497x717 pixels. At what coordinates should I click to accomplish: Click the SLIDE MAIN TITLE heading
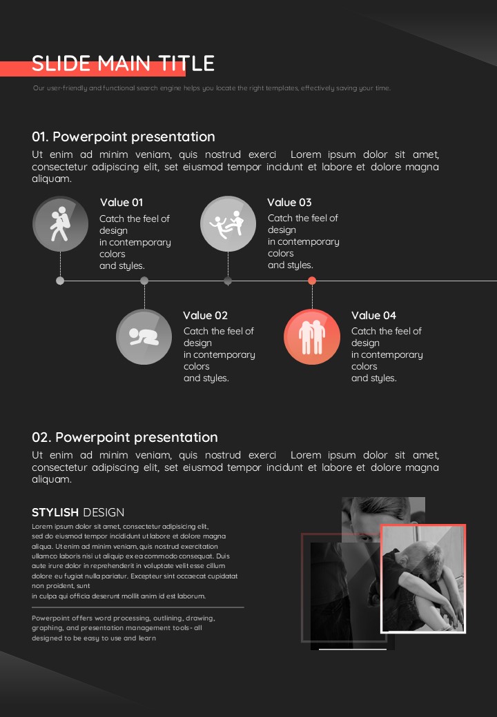tap(123, 63)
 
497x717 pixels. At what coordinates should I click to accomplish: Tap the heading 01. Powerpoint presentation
tap(124, 137)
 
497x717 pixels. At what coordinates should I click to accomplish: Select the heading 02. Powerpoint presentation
tap(125, 437)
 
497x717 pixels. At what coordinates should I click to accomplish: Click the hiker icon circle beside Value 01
tap(60, 223)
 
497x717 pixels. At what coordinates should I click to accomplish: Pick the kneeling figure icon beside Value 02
tap(144, 336)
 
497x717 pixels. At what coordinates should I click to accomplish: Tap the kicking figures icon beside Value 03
tap(228, 223)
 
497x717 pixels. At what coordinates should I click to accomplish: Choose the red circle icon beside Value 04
tap(312, 336)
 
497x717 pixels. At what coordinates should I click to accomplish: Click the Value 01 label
tap(121, 202)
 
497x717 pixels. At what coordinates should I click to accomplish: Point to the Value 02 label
tap(205, 315)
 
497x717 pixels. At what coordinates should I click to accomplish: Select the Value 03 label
tap(289, 202)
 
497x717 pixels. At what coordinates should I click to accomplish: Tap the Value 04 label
tap(373, 315)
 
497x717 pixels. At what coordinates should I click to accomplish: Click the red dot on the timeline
tap(312, 281)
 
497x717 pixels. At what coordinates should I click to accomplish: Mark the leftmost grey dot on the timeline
tap(60, 281)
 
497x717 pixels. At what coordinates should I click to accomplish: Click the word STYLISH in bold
tap(55, 512)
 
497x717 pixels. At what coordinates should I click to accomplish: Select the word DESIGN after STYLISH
tap(104, 512)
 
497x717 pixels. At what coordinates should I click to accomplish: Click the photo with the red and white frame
tap(423, 579)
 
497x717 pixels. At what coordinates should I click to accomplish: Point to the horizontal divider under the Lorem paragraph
tap(138, 607)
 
